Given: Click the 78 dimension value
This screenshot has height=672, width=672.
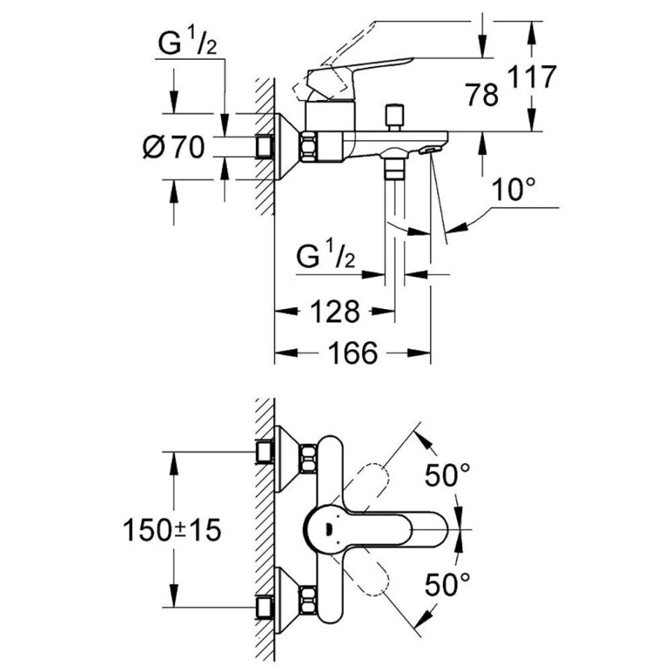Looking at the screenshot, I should click(x=481, y=95).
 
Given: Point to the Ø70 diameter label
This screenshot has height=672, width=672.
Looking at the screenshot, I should click(x=173, y=148).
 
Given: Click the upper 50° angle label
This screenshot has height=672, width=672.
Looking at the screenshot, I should click(x=448, y=475).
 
